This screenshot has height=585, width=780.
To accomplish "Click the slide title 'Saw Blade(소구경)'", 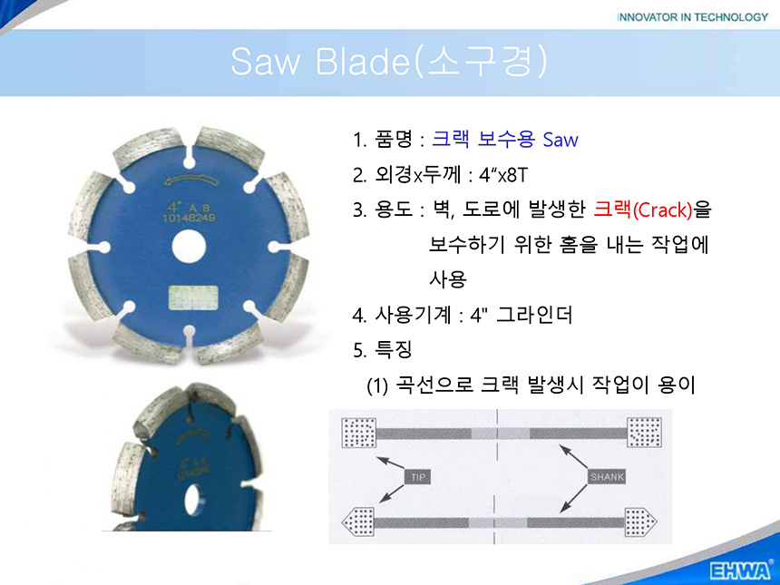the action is tap(389, 62).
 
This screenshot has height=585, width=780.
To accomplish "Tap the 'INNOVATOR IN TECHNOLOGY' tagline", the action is tap(692, 17).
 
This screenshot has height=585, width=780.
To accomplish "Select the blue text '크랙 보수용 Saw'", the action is tap(505, 140).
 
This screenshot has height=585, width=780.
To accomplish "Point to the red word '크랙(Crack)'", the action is tap(643, 210).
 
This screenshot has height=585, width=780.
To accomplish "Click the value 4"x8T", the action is tap(503, 175).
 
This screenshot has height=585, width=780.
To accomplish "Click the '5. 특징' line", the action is tap(383, 349).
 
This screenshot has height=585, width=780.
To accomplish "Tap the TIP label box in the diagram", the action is tap(418, 477).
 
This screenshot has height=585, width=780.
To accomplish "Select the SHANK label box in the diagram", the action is tap(607, 477).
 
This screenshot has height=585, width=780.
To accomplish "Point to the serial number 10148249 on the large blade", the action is tap(189, 218).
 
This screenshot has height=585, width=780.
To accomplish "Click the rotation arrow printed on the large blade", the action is tap(192, 181).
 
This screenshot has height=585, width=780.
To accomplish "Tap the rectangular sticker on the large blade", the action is tap(193, 297).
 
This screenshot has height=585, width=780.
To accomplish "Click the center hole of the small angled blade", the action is tap(193, 500).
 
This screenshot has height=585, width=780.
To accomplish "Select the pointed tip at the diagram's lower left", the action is tap(357, 522).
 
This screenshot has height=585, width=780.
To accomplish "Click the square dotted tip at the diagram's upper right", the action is tap(644, 433).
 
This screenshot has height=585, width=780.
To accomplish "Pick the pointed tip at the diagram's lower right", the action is tap(640, 522).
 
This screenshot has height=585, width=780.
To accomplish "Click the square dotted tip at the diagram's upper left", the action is tap(358, 433).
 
